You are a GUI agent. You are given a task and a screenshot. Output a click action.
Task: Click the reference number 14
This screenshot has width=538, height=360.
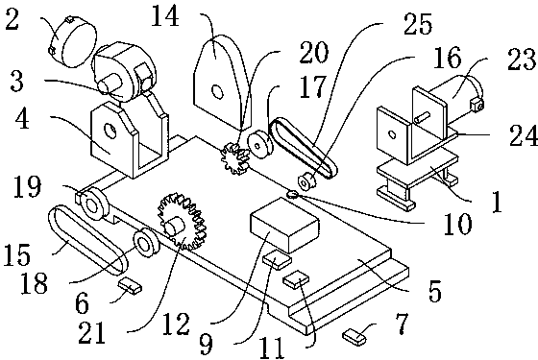[x=165, y=16]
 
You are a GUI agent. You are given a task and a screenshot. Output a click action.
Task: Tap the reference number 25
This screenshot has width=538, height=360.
[x=418, y=24]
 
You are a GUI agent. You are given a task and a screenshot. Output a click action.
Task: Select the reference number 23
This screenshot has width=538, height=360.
[x=522, y=60]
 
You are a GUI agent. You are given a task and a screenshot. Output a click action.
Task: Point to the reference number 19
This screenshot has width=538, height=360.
[x=27, y=186]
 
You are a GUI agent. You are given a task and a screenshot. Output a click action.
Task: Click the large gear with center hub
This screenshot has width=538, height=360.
[x=182, y=222]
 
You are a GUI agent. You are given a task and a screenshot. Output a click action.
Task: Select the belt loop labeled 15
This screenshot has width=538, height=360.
[x=87, y=240]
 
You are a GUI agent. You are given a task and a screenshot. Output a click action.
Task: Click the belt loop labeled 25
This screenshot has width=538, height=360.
[x=304, y=148]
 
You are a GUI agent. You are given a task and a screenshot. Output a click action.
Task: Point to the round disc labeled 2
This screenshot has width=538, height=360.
[x=73, y=41]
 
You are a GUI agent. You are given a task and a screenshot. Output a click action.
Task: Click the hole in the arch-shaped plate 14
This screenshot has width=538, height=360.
[x=217, y=91]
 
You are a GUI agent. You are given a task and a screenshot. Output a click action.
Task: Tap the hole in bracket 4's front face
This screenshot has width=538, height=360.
[x=110, y=131]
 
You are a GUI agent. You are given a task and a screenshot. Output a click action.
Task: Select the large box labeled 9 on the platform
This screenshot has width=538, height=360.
[x=285, y=226]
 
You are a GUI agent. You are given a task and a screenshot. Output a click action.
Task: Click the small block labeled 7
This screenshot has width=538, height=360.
[x=355, y=336]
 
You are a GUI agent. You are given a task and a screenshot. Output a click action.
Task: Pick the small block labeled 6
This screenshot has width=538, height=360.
[x=130, y=285]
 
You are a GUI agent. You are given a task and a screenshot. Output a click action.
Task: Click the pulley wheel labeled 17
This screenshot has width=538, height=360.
[x=260, y=145]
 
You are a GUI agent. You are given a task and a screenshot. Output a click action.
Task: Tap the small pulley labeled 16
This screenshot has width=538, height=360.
[x=304, y=180]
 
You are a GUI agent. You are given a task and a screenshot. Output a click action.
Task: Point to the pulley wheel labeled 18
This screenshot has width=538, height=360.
[x=146, y=243]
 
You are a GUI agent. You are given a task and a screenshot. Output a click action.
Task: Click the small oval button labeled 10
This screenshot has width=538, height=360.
[x=293, y=194]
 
